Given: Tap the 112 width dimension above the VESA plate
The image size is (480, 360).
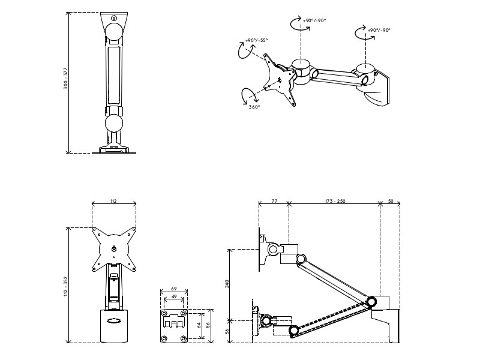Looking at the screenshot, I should tap(113, 200).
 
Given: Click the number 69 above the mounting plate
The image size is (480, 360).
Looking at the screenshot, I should tap(173, 289).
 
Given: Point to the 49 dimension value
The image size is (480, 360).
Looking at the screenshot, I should tap(173, 296).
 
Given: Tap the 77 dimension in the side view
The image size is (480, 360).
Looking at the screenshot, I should tap(274, 200).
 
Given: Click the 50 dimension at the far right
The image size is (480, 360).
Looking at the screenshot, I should tap(390, 200).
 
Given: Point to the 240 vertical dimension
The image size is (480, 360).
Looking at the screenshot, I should tap(227, 283).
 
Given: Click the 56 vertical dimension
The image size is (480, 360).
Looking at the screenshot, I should tap(227, 331).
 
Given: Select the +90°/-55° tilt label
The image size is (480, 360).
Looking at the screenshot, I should tap(256, 41).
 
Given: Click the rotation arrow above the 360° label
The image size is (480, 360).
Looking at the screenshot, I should tap(247, 95).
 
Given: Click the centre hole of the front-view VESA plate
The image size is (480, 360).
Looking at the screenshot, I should tap(114, 250).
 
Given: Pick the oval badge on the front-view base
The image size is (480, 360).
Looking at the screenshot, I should tap(114, 320).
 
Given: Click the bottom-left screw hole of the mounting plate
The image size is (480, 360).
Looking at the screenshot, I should tap(164, 338).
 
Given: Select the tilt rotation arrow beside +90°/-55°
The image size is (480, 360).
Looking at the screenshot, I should tap(244, 50).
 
